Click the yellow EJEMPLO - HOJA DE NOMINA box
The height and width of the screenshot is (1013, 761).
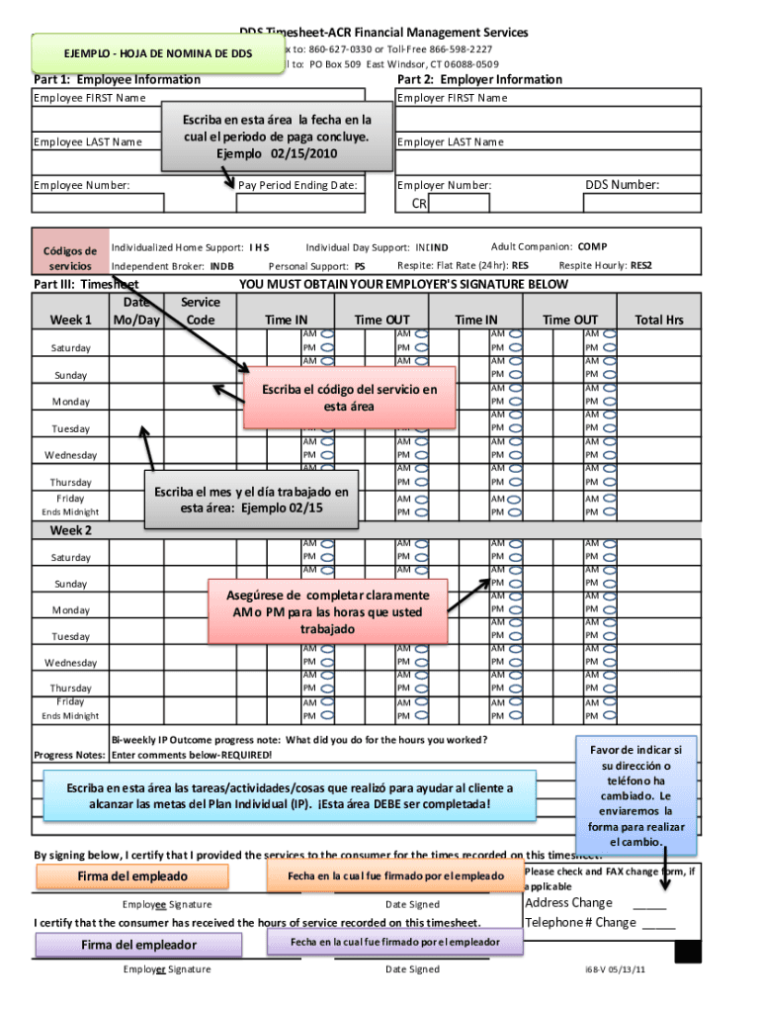pyautogui.click(x=157, y=52)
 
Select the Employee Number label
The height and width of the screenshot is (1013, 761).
pyautogui.click(x=82, y=185)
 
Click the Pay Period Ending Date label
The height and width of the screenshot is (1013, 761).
pyautogui.click(x=297, y=185)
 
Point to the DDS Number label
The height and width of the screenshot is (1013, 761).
pyautogui.click(x=622, y=184)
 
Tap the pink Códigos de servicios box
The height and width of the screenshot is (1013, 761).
pyautogui.click(x=66, y=258)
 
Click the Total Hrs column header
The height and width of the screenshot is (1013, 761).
pyautogui.click(x=659, y=320)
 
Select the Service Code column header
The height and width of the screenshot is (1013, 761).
pyautogui.click(x=200, y=311)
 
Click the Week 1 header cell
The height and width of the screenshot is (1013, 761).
pyautogui.click(x=70, y=320)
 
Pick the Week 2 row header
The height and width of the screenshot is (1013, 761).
pyautogui.click(x=71, y=530)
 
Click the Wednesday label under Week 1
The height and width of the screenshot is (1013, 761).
pyautogui.click(x=70, y=455)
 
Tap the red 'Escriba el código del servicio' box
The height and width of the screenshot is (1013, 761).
pyautogui.click(x=349, y=398)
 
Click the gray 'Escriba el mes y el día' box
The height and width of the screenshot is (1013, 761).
pyautogui.click(x=250, y=500)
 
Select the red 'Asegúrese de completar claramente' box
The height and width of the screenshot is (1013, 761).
pyautogui.click(x=329, y=612)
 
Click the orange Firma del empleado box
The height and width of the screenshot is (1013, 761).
pyautogui.click(x=131, y=876)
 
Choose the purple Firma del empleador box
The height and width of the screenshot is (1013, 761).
pyautogui.click(x=138, y=945)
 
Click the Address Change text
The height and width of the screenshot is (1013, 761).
pyautogui.click(x=568, y=902)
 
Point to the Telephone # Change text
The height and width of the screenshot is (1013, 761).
pyautogui.click(x=580, y=922)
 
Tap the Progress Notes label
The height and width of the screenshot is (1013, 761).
pyautogui.click(x=69, y=755)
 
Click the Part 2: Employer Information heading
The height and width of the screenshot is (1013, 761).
pyautogui.click(x=478, y=79)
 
